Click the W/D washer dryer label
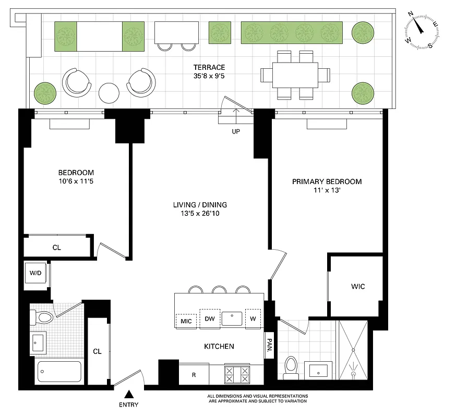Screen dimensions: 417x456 coord(35,273)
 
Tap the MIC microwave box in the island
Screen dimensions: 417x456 coord(186,321)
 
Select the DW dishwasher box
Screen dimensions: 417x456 coord(210,318)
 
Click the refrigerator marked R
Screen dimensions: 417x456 coord(194,375)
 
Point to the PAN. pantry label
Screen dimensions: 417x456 coord(269,346)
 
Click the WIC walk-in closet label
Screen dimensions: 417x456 coord(358,287)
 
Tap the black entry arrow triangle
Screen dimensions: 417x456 coord(129,395)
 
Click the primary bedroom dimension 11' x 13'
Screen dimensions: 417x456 coord(327,191)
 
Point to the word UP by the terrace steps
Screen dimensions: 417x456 coord(236,132)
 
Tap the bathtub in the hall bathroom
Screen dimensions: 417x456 coord(59,372)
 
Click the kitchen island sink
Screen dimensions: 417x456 coord(233,318)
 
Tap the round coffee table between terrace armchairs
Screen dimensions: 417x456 coord(110,93)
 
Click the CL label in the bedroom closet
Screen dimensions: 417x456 coord(56,248)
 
